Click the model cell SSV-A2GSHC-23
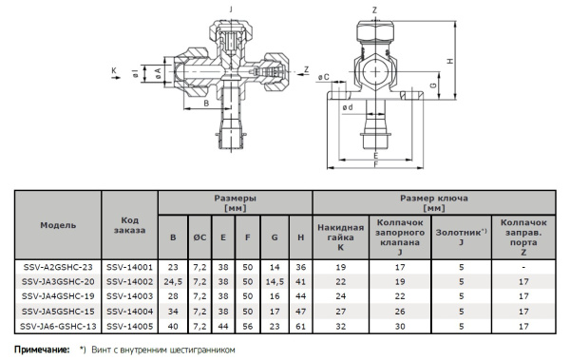tap(58, 267)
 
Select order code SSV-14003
tap(130, 296)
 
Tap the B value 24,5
tap(173, 282)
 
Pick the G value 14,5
tap(275, 282)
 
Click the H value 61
tap(300, 327)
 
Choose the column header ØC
tap(199, 237)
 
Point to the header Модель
tap(58, 225)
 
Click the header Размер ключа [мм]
tap(434, 203)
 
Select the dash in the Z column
tap(523, 267)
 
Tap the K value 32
tap(341, 327)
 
